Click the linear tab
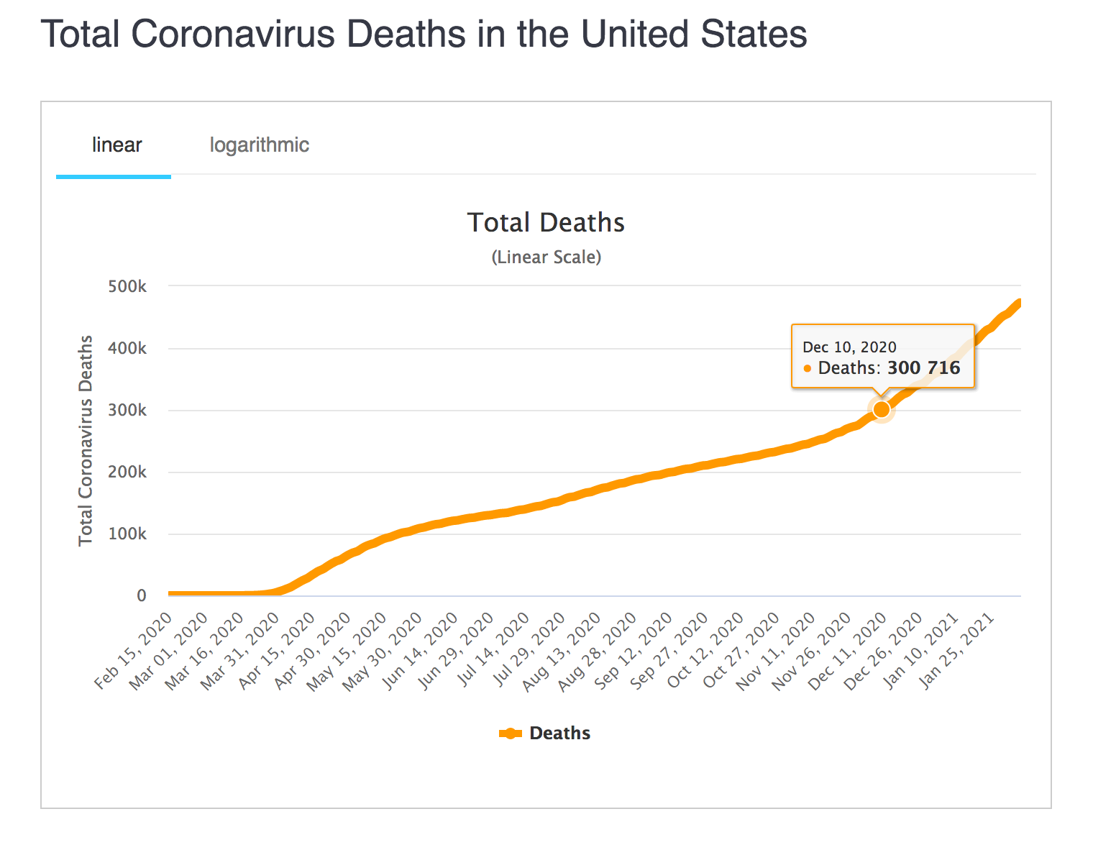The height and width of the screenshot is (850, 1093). pyautogui.click(x=116, y=145)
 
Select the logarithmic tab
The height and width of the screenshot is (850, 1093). pyautogui.click(x=259, y=145)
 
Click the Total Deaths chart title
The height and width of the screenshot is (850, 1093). pyautogui.click(x=546, y=223)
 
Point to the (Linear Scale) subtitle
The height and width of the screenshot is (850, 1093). pyautogui.click(x=546, y=257)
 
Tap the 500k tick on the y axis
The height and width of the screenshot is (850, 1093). pyautogui.click(x=127, y=287)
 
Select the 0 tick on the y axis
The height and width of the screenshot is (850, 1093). pyautogui.click(x=142, y=596)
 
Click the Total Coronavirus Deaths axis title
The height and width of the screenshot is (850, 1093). pyautogui.click(x=86, y=440)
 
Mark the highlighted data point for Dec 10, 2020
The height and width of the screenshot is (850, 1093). pyautogui.click(x=882, y=409)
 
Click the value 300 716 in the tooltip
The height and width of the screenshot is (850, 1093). pyautogui.click(x=923, y=368)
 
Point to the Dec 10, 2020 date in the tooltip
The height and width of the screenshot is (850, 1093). pyautogui.click(x=849, y=347)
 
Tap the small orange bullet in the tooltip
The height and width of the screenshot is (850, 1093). pyautogui.click(x=807, y=369)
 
